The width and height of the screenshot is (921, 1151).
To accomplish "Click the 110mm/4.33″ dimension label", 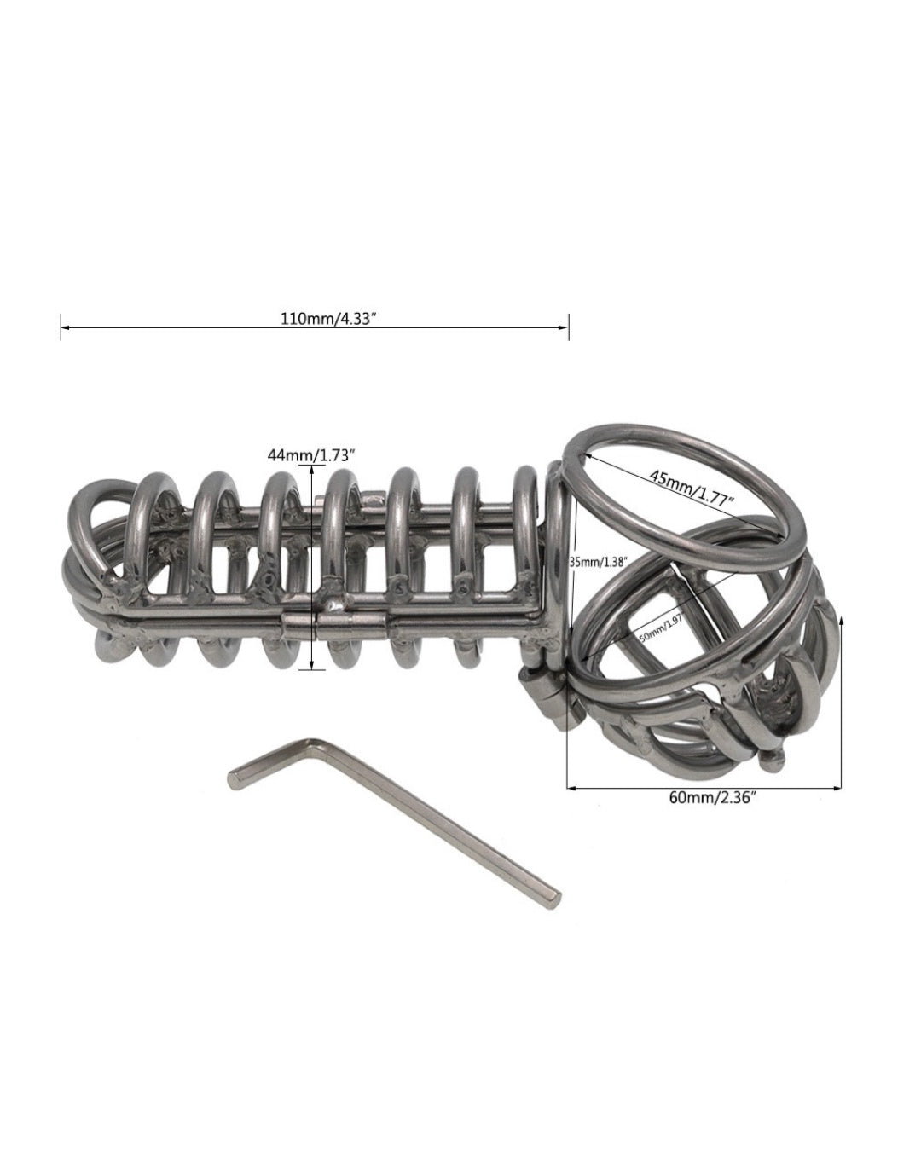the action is click(330, 319).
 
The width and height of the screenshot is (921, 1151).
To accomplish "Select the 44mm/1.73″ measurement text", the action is click(311, 455).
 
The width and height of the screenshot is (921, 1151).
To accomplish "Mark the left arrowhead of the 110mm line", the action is click(64, 327).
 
